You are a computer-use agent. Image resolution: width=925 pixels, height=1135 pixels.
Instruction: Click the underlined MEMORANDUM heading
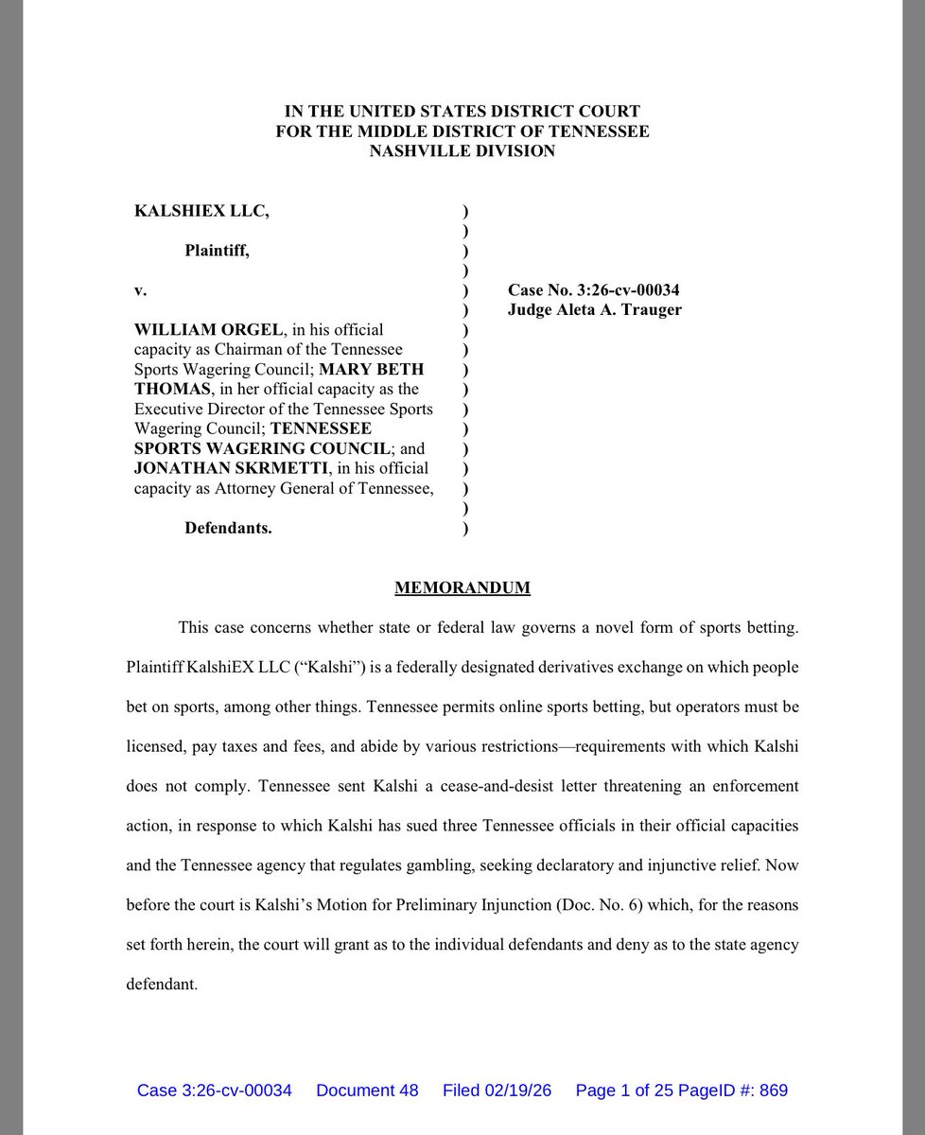(x=462, y=588)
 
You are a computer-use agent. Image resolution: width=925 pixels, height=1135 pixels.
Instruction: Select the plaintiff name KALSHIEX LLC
(x=202, y=212)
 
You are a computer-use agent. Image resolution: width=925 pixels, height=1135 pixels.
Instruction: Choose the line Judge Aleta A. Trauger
(x=594, y=310)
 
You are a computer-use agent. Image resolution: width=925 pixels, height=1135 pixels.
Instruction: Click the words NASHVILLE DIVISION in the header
(x=462, y=151)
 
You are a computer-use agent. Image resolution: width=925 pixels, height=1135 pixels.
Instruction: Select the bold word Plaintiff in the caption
(x=218, y=252)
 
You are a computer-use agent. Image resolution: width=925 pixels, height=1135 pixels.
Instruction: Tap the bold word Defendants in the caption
(x=228, y=529)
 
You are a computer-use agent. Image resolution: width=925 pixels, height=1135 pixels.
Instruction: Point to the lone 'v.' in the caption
(x=141, y=290)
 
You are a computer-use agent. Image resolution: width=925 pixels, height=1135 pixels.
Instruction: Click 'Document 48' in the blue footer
(x=367, y=1091)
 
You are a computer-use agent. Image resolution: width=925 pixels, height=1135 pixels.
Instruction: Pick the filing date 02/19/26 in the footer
(x=518, y=1091)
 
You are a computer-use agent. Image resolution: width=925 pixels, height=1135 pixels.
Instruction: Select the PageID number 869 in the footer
(x=773, y=1091)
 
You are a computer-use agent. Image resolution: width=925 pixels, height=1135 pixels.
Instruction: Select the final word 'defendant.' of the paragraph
(x=162, y=984)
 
